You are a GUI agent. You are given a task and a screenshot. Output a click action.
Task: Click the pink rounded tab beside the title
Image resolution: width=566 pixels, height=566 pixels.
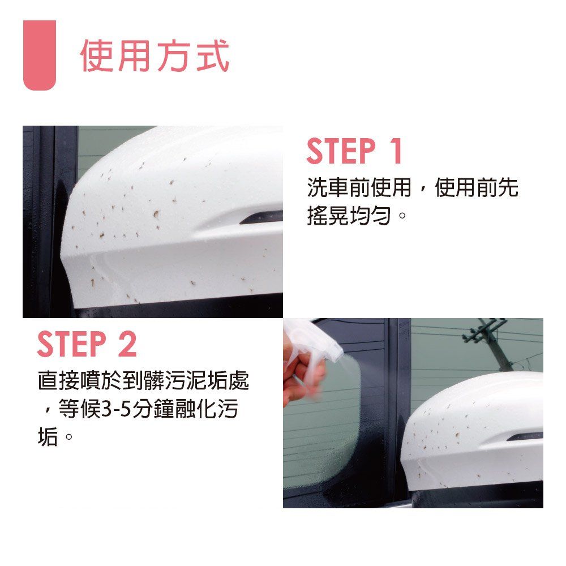(x=40, y=55)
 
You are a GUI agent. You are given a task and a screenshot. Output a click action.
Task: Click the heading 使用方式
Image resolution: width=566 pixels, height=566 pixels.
(x=155, y=55)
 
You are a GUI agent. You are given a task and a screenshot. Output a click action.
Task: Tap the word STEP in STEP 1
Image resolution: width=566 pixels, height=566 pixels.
(x=341, y=151)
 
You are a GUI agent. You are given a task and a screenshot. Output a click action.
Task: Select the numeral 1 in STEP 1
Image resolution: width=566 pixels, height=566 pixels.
(x=396, y=151)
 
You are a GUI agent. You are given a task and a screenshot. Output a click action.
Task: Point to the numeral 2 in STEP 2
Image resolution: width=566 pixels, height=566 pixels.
(x=127, y=344)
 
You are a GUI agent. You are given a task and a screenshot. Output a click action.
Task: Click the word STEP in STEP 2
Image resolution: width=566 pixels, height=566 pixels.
(x=72, y=344)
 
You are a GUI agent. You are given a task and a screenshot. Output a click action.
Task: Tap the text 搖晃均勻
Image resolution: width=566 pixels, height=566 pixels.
(x=349, y=216)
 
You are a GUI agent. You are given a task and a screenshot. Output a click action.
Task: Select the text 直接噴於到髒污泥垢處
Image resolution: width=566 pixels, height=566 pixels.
(x=143, y=380)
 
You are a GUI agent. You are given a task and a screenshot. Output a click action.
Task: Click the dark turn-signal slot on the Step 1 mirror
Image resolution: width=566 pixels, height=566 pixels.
(x=261, y=217)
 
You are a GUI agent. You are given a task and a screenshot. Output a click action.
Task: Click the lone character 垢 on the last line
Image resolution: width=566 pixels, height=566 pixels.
(x=48, y=437)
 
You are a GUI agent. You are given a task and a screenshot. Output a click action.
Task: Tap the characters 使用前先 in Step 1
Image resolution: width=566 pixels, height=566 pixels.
(x=477, y=187)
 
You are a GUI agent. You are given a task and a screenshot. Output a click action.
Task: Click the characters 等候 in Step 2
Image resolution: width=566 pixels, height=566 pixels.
(x=80, y=409)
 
